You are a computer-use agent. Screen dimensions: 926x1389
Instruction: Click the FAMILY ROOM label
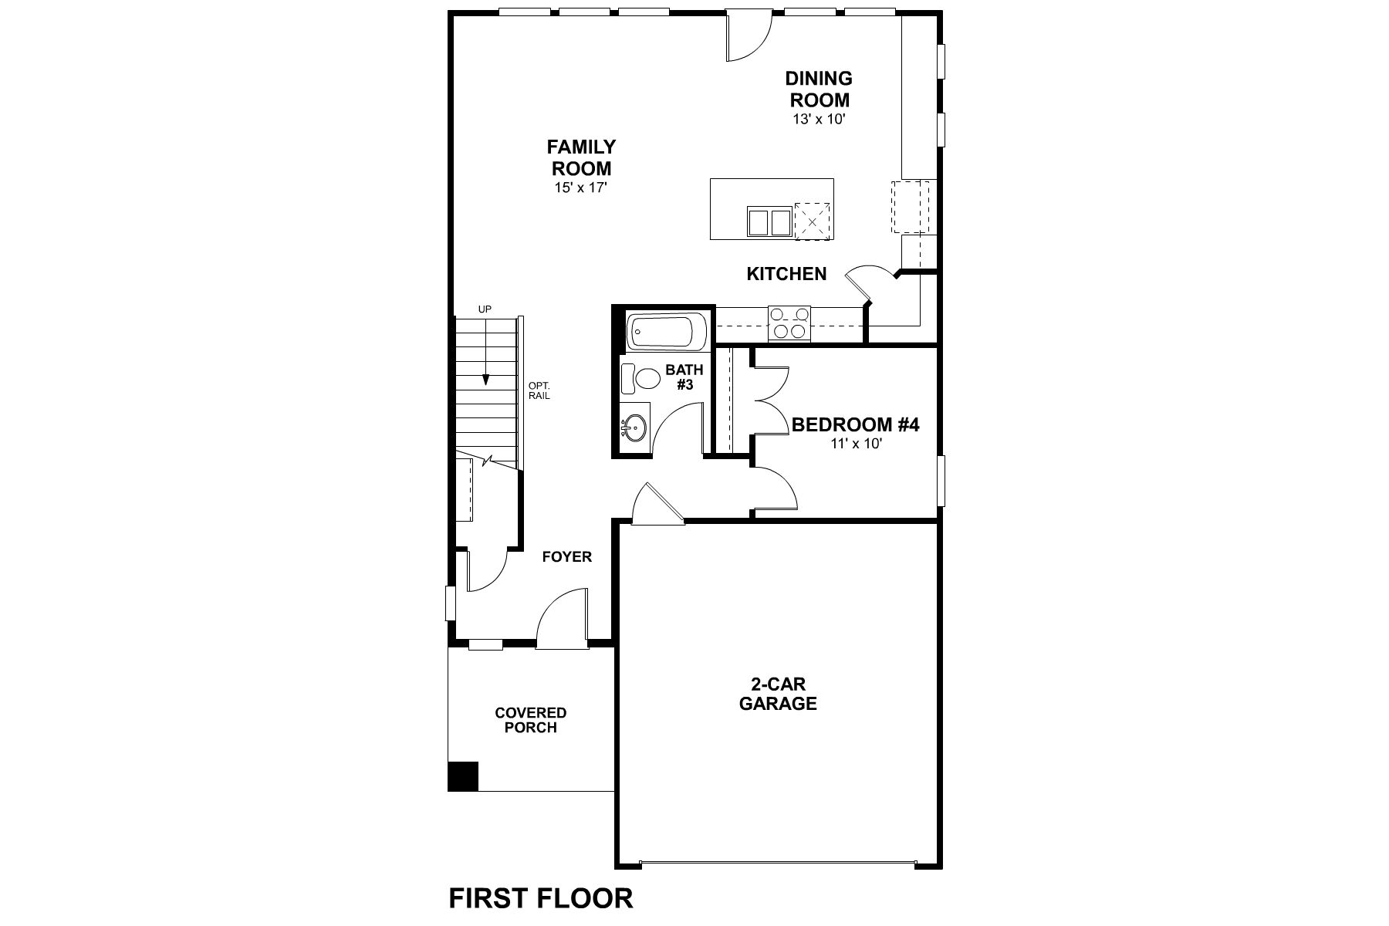tap(581, 157)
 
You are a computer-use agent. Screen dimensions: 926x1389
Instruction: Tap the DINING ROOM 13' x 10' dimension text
tap(818, 120)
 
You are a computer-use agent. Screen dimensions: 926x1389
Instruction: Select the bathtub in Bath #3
tap(666, 331)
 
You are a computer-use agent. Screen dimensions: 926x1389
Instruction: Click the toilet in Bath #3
tap(640, 378)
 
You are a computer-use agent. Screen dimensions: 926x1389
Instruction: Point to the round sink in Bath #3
tap(636, 428)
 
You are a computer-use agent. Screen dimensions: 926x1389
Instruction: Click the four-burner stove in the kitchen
tap(789, 323)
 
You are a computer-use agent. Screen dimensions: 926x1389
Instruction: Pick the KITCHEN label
tap(786, 274)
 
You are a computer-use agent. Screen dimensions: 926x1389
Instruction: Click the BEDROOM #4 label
tap(855, 424)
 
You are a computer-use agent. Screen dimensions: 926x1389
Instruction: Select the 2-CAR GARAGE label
tap(777, 693)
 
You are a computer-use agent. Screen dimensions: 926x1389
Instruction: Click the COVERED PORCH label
tap(530, 720)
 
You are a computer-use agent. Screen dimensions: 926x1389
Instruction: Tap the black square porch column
tap(463, 776)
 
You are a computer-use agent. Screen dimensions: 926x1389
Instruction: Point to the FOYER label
tap(566, 556)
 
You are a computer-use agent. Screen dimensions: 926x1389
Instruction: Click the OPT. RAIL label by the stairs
tap(539, 390)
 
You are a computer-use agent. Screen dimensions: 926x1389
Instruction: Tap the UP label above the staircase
tap(485, 309)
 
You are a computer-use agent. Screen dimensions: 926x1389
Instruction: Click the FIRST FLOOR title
tap(541, 898)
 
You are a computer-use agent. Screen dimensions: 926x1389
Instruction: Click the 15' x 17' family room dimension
tap(576, 188)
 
